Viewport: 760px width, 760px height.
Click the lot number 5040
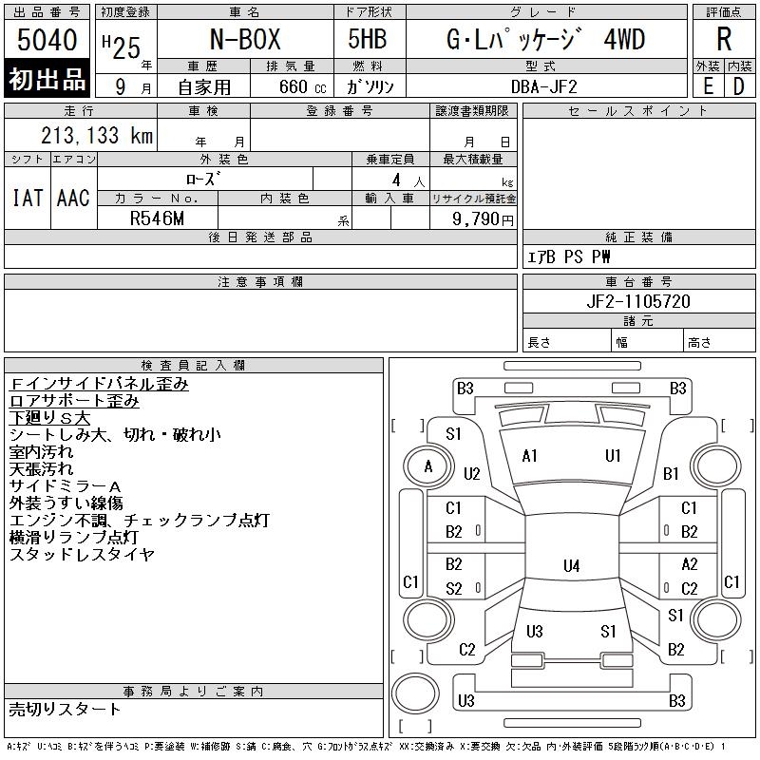tap(47, 40)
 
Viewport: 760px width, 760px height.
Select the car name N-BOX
tap(245, 39)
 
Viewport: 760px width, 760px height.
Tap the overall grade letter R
tap(724, 39)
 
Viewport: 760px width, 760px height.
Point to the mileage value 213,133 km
tap(97, 135)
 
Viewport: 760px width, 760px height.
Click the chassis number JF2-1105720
tap(638, 301)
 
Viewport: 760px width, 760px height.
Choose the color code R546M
tap(157, 218)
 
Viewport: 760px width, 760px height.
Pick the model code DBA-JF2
tap(544, 87)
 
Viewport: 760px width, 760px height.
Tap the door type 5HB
tap(368, 39)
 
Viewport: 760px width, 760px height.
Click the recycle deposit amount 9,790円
tap(483, 219)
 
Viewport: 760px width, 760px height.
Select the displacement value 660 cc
tap(302, 87)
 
